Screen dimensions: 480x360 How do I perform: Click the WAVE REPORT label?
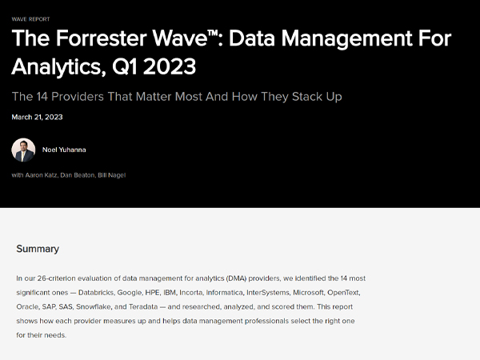point(30,19)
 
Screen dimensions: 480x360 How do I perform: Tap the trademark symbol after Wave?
point(213,34)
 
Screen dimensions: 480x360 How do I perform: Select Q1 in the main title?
point(125,66)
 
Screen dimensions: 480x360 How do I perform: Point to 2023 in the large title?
point(170,66)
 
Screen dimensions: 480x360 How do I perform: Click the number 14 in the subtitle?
point(42,97)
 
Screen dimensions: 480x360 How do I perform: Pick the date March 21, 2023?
point(37,117)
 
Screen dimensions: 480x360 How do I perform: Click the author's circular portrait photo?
point(23,150)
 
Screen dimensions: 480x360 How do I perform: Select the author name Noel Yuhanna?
point(64,150)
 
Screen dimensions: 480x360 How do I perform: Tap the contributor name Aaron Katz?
point(42,175)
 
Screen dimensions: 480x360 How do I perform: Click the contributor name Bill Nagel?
point(112,175)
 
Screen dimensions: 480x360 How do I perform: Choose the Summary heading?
point(38,249)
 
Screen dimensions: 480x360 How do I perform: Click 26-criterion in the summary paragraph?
point(56,278)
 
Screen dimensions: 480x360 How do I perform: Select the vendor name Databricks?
point(97,292)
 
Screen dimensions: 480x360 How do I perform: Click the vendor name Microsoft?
point(309,292)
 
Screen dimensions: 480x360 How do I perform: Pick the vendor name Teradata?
point(143,306)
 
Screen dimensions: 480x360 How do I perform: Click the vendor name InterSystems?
point(268,292)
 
